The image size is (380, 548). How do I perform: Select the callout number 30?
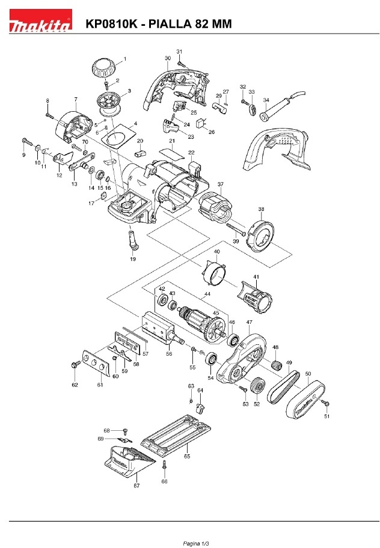coord(167,58)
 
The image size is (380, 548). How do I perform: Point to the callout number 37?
coord(221,184)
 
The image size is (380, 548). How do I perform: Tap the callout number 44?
coord(207,294)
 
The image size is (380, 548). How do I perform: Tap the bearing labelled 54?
coord(211,360)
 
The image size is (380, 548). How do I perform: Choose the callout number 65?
coord(188,457)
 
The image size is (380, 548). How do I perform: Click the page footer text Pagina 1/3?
coord(190,543)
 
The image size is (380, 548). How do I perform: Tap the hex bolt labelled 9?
coord(26,141)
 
